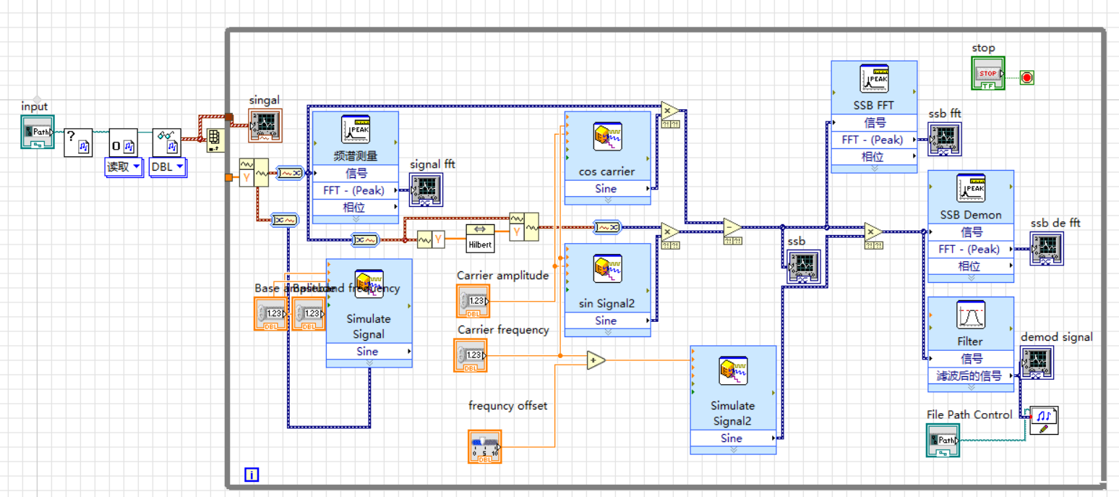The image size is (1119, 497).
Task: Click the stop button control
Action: click(987, 74)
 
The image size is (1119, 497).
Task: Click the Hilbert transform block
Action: click(481, 237)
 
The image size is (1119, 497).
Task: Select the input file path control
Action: click(38, 132)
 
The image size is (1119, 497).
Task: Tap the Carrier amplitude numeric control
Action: click(473, 301)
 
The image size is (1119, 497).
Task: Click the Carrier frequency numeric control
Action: click(471, 355)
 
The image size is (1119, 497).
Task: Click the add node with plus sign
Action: click(596, 360)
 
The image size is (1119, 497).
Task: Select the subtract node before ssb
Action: click(732, 227)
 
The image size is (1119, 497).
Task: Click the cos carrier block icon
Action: click(607, 137)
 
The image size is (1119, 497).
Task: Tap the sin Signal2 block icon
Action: click(607, 269)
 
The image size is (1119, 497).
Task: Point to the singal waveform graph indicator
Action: click(265, 124)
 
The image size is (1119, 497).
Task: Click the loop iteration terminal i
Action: click(251, 475)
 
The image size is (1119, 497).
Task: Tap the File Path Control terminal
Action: click(943, 440)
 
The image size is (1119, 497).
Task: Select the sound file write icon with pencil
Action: click(1043, 420)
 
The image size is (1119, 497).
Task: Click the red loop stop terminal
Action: click(1026, 77)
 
